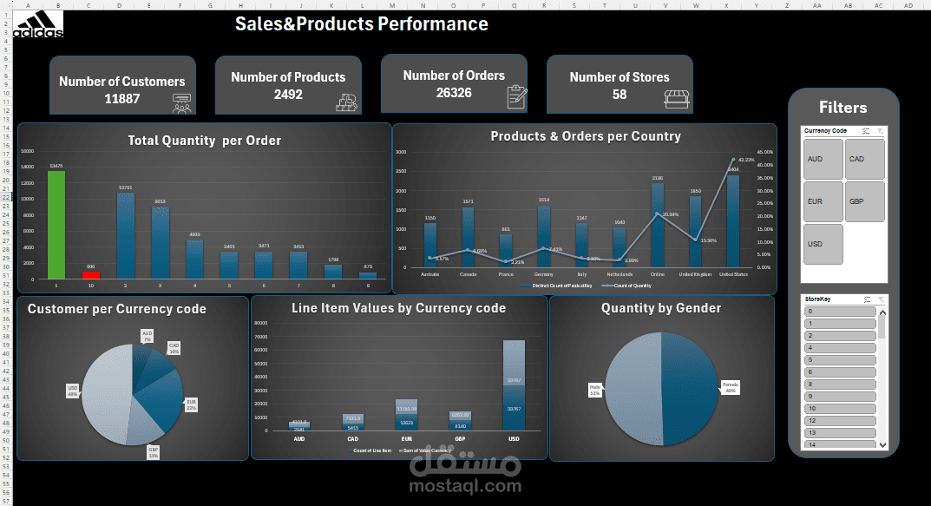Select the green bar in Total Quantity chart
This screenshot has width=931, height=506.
pos(56,224)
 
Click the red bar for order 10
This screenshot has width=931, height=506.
pos(91,274)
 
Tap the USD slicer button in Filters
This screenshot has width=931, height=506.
pos(823,244)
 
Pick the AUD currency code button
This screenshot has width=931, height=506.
pos(823,159)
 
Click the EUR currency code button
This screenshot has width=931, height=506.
pos(823,201)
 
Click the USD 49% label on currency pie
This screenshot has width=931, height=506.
pos(72,390)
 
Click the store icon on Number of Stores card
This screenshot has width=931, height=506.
pos(677,99)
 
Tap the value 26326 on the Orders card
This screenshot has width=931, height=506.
pos(454,92)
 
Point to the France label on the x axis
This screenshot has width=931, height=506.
pos(506,274)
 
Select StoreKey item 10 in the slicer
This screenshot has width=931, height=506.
pos(839,408)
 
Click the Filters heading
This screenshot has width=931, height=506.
pos(842,108)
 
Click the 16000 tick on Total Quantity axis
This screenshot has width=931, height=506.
pos(27,150)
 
